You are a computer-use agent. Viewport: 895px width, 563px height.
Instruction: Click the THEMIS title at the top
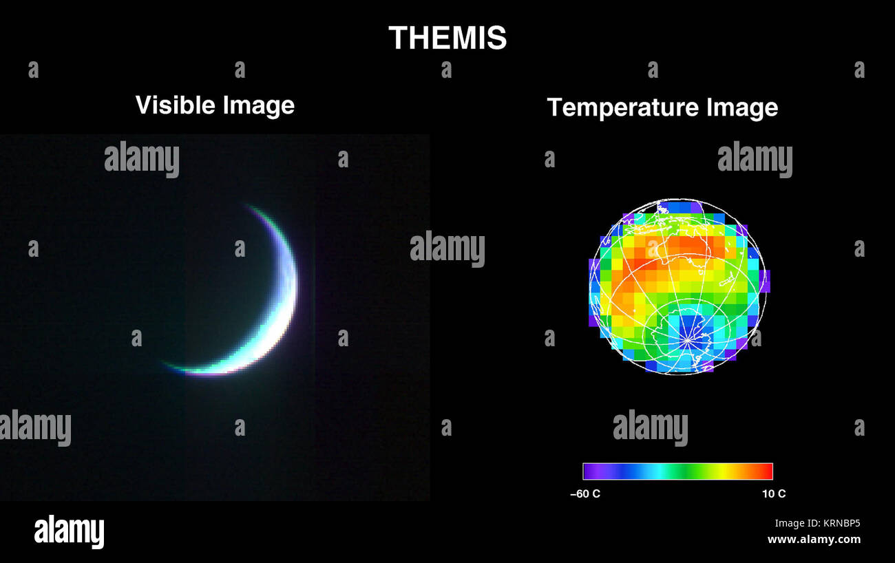[x=447, y=38]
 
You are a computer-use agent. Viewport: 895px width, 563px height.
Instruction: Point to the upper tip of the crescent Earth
[x=249, y=206]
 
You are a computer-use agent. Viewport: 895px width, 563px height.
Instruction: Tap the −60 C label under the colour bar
[x=585, y=493]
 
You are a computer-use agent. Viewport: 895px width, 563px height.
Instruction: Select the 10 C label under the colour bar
[x=774, y=493]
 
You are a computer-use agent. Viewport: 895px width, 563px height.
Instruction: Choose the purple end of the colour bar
[x=589, y=471]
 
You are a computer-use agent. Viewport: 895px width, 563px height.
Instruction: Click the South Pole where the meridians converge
[x=687, y=339]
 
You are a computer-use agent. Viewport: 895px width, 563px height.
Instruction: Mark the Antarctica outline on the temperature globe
[x=682, y=330]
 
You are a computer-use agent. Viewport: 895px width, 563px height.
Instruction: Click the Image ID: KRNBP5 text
[x=817, y=523]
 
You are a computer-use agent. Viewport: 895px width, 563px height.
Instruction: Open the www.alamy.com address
[x=814, y=540]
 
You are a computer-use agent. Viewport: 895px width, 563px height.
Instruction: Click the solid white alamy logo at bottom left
[x=69, y=532]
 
